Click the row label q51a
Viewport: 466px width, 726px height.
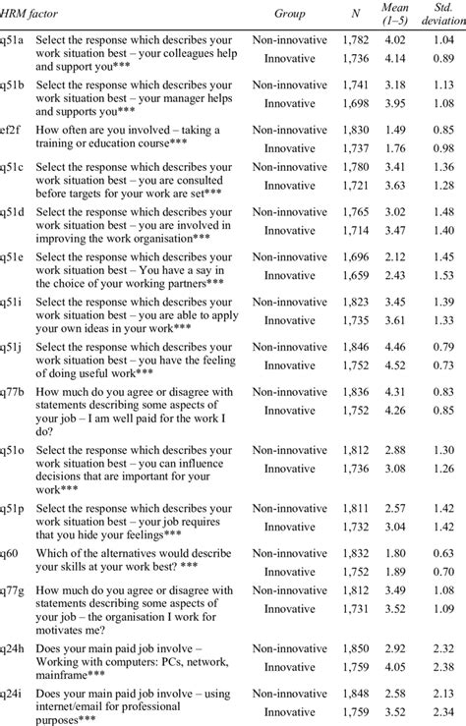point(13,42)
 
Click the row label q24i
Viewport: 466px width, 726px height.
point(13,693)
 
